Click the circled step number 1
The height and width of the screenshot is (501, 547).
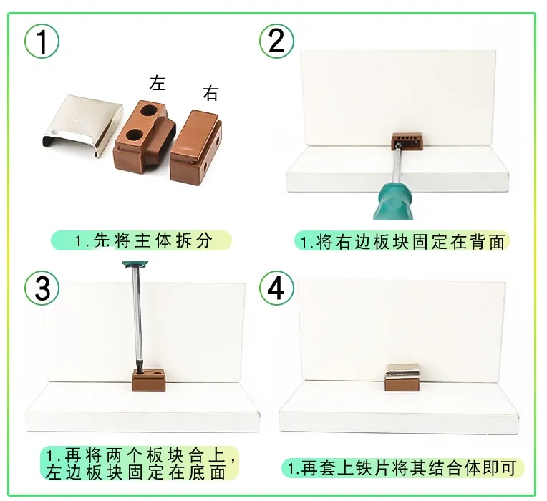point(42,41)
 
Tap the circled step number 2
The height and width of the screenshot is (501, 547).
point(276,41)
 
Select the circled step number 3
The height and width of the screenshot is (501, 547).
point(42,288)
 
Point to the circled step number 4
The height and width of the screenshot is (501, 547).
point(276,288)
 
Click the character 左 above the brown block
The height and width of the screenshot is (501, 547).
point(157,83)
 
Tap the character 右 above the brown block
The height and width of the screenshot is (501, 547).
point(210,93)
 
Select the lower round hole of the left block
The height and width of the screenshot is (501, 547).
point(135,134)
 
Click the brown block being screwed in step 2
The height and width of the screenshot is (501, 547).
point(407,141)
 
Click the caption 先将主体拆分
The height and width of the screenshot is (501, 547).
point(153,240)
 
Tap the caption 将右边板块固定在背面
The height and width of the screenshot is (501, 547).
point(410,242)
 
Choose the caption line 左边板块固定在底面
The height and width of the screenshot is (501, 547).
point(135,472)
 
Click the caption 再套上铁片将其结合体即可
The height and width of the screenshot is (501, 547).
point(409,468)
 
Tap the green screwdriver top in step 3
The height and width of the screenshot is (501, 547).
point(136,265)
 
